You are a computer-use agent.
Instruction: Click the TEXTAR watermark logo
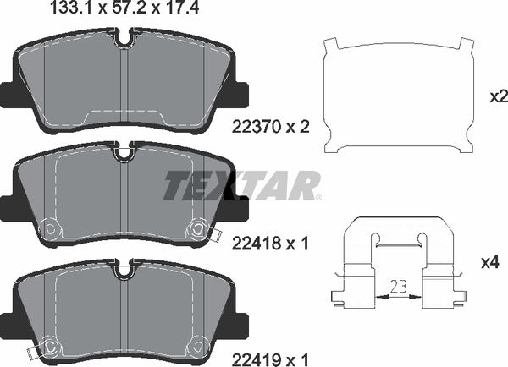(241, 184)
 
